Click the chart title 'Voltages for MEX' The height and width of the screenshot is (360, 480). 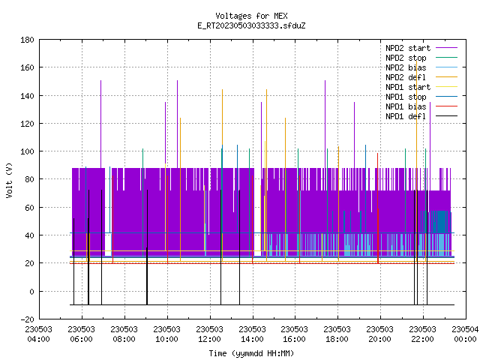[251, 16]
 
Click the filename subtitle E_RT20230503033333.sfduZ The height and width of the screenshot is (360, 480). [251, 25]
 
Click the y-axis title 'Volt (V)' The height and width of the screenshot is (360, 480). [9, 180]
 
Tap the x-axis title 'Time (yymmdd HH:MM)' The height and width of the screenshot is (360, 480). [251, 353]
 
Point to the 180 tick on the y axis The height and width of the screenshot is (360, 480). [27, 40]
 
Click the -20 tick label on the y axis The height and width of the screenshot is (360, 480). [27, 319]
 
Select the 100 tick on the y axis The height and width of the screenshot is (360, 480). [27, 151]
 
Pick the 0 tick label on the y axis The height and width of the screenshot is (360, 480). [31, 292]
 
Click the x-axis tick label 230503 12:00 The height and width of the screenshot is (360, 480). [210, 334]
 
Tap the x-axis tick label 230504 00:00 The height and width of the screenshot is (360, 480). [465, 334]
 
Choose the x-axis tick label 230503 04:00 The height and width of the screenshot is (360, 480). [38, 334]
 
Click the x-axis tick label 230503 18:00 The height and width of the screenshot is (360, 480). [337, 334]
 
